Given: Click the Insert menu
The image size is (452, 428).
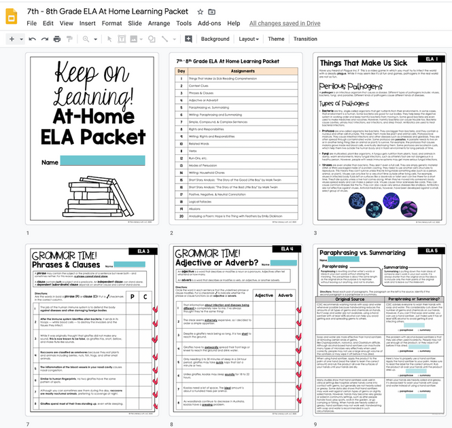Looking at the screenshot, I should tap(87, 23).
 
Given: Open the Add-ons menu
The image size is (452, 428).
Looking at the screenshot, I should tap(209, 23).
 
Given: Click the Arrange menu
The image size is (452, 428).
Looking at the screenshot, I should tap(159, 23).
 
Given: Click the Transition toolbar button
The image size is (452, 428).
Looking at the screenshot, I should tap(305, 39).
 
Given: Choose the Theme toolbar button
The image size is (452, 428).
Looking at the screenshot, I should tap(276, 39).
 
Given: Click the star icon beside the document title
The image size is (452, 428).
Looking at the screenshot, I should tap(200, 12).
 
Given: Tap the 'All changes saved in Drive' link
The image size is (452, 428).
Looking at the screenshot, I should tap(285, 23).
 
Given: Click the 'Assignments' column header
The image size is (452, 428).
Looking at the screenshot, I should tap(242, 71).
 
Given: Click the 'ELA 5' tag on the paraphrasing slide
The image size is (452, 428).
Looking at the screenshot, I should tap(431, 251).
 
